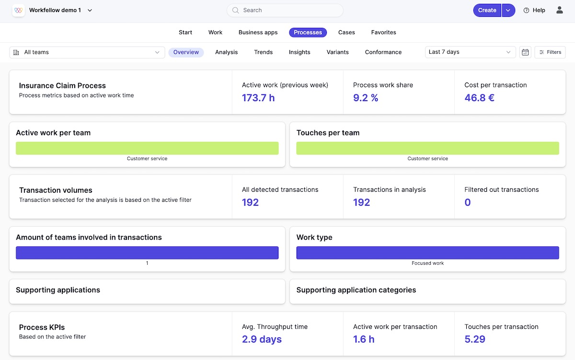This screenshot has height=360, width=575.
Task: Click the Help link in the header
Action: pyautogui.click(x=534, y=10)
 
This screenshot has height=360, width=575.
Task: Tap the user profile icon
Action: pyautogui.click(x=559, y=10)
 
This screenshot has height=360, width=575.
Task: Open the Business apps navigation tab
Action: pyautogui.click(x=258, y=33)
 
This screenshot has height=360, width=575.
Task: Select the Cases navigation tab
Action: pyautogui.click(x=346, y=33)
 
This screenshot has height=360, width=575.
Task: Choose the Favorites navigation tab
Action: pyautogui.click(x=383, y=33)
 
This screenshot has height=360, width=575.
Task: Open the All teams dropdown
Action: pyautogui.click(x=87, y=52)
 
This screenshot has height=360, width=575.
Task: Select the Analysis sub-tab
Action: pyautogui.click(x=226, y=52)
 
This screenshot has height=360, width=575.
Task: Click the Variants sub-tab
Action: pyautogui.click(x=337, y=52)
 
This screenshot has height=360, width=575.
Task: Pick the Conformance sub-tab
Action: pyautogui.click(x=383, y=52)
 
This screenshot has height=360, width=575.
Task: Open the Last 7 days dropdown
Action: pyautogui.click(x=470, y=52)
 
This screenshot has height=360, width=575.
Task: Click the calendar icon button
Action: pyautogui.click(x=525, y=52)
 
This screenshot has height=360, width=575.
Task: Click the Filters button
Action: pyautogui.click(x=550, y=52)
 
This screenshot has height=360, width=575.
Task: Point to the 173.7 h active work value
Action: pyautogui.click(x=258, y=98)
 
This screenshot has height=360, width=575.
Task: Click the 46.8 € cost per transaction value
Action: pyautogui.click(x=479, y=98)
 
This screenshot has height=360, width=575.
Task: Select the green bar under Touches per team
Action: pyautogui.click(x=427, y=148)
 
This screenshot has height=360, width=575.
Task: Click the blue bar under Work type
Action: pyautogui.click(x=427, y=253)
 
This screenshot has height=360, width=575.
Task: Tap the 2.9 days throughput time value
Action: pyautogui.click(x=262, y=339)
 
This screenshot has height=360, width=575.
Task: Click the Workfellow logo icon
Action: pyautogui.click(x=18, y=10)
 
